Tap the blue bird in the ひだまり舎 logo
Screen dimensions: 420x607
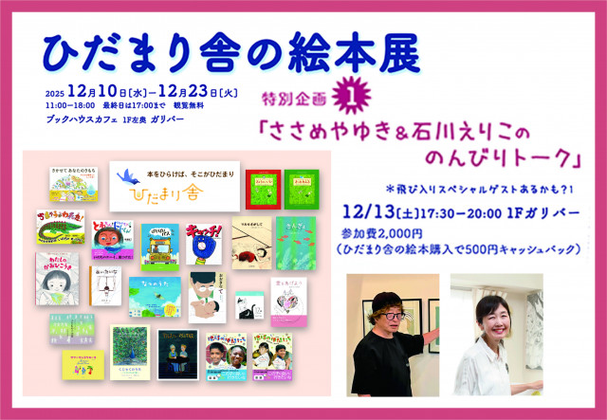(129, 173)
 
